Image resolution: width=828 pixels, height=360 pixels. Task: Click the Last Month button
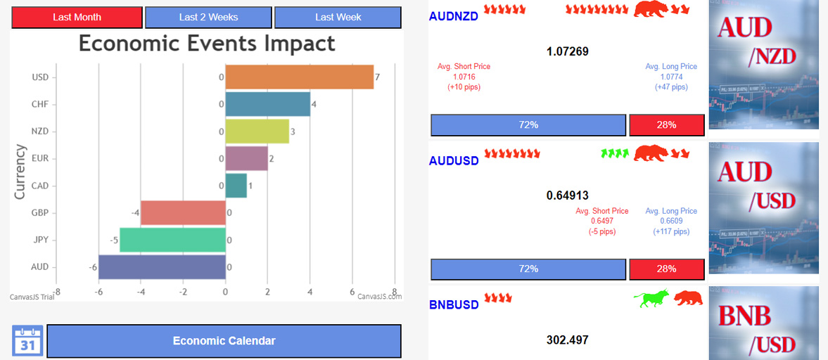point(77,17)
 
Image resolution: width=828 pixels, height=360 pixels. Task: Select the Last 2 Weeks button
point(208,17)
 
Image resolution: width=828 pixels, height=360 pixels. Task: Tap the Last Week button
point(338,17)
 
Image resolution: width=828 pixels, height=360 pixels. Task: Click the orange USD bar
point(299,77)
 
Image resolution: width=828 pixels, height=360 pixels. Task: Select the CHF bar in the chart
point(267,104)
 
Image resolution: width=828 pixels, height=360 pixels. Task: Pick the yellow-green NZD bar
point(257,131)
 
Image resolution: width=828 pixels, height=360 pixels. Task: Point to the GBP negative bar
point(183,212)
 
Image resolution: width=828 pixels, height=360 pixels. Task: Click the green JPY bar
point(172,240)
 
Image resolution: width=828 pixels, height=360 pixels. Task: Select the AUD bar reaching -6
point(162,267)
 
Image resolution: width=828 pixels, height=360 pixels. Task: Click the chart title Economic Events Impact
point(207,44)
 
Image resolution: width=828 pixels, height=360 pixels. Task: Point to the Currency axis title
point(20,172)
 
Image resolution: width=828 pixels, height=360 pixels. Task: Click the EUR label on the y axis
point(40,158)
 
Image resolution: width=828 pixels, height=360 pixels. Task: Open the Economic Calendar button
point(224,341)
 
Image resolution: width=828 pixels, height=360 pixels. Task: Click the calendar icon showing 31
point(27,340)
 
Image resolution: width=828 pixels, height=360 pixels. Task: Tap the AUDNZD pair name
point(453,16)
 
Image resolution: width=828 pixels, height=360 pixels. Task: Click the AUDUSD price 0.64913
point(567,195)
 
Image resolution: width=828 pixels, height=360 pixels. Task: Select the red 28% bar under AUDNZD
point(666,124)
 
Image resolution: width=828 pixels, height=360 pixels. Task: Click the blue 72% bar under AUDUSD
point(528,269)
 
